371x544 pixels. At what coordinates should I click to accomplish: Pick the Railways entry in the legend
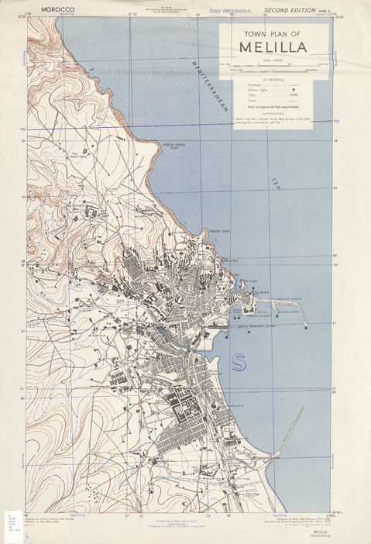point(255,84)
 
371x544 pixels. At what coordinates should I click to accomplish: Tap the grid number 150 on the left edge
point(23,129)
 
